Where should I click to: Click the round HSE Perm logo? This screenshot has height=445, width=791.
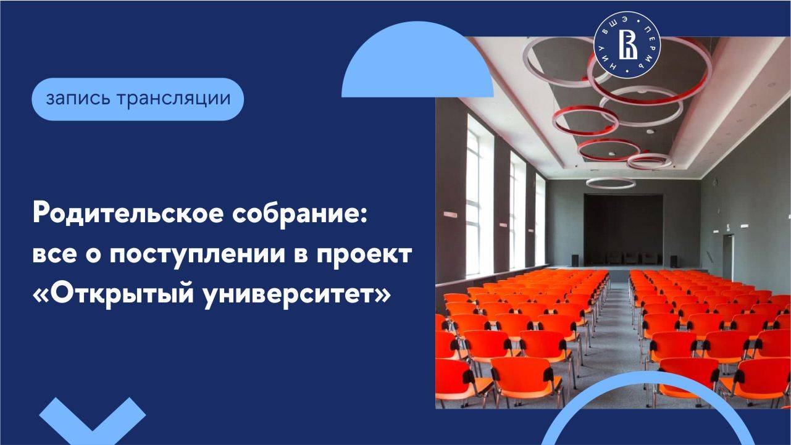click(x=627, y=47)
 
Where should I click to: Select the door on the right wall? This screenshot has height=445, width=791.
click(x=728, y=257)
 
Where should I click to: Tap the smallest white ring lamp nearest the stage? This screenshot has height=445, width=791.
click(x=611, y=183)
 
